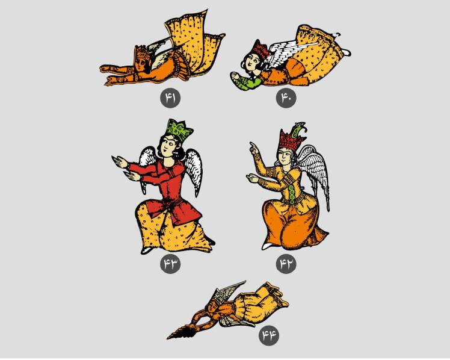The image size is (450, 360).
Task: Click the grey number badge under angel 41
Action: [x=170, y=98]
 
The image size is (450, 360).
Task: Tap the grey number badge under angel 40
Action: [x=286, y=98]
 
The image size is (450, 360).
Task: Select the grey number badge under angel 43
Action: [x=170, y=264]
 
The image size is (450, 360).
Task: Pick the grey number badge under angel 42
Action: [x=286, y=264]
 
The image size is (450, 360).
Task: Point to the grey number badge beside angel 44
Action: [x=269, y=335]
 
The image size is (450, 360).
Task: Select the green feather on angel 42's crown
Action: [x=298, y=129]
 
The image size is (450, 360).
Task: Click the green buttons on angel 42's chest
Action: [x=291, y=194]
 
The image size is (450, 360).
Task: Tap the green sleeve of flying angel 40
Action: [x=250, y=83]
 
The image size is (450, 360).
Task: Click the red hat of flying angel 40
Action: [x=260, y=49]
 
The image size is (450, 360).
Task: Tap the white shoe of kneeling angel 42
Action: [x=268, y=246]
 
